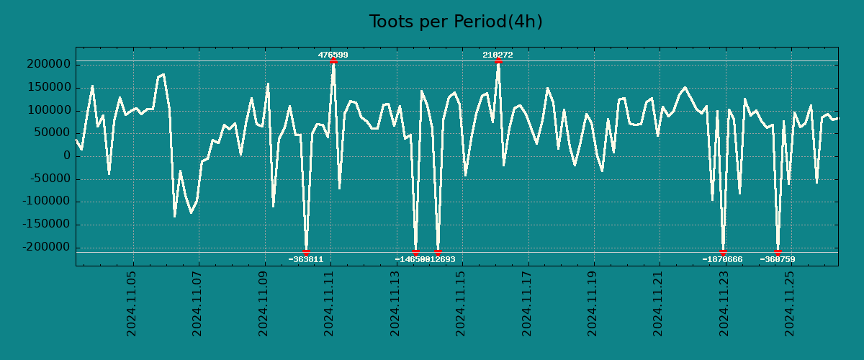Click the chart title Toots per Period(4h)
point(456,22)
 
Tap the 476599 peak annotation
point(333,55)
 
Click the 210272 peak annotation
point(498,55)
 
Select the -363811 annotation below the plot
point(306,259)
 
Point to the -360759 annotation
point(778,259)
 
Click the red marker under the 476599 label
point(333,61)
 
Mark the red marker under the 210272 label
point(498,61)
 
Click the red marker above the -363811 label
point(306,252)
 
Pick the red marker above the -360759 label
point(778,252)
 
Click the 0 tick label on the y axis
point(67,156)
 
